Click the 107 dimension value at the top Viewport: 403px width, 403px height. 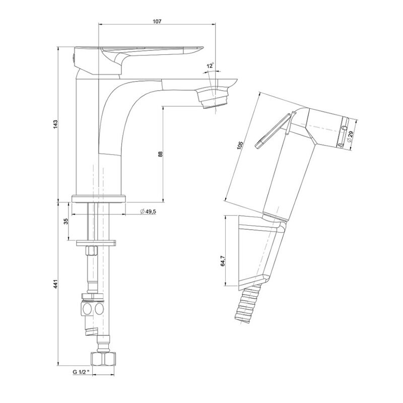[157, 21]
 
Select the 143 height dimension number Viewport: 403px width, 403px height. [56, 124]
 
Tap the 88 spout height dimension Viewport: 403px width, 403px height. [160, 154]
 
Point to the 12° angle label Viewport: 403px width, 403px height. [211, 65]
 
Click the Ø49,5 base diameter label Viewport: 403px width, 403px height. [148, 211]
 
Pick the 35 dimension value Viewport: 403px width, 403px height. [66, 221]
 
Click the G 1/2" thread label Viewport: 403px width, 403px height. [81, 371]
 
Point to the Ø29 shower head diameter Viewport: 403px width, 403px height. [350, 136]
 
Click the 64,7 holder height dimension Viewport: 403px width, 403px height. [223, 261]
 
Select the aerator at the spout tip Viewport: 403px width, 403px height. [213, 98]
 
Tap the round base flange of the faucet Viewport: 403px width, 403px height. [99, 199]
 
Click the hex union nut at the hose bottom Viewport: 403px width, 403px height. [103, 359]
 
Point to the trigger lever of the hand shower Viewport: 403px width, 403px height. [274, 131]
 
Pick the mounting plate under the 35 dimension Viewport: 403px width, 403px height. [96, 243]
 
